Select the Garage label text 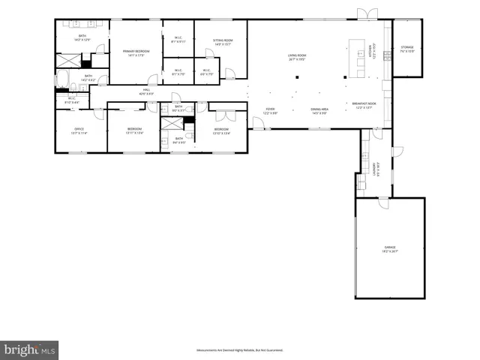390,248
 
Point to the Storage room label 407,49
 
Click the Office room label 79,131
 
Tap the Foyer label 270,111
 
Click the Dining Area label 319,111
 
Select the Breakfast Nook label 365,106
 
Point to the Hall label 147,92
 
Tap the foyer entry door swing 258,123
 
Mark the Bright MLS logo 30,349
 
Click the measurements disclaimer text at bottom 239,350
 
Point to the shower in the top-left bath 70,60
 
